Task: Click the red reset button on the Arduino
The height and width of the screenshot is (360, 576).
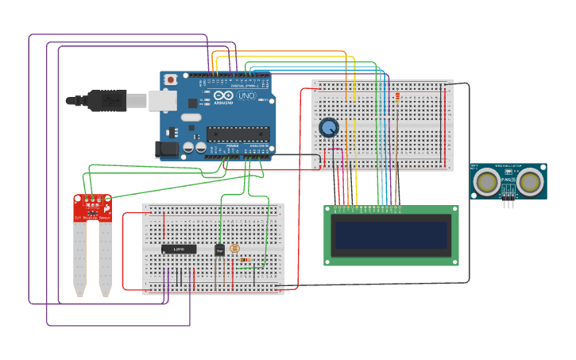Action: click(170, 79)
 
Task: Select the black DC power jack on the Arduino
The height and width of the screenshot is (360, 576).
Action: click(168, 148)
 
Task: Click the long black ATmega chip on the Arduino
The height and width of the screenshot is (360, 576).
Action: click(238, 133)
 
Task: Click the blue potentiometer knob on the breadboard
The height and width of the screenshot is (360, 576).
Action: click(328, 127)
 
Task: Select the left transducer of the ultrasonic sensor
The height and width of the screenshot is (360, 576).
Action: click(486, 182)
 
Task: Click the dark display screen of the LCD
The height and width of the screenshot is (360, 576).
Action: click(391, 235)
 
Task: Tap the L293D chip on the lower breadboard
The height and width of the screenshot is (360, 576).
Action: click(179, 249)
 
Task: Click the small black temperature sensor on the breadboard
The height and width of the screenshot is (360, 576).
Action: click(219, 250)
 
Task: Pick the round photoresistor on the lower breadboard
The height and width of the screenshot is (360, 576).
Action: click(234, 248)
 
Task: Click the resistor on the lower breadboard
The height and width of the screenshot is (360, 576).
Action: click(245, 259)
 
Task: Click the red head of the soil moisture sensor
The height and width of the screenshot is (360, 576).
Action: click(93, 207)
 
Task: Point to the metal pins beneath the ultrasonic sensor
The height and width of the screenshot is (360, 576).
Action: click(508, 204)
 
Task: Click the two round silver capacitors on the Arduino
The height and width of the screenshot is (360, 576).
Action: click(195, 147)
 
